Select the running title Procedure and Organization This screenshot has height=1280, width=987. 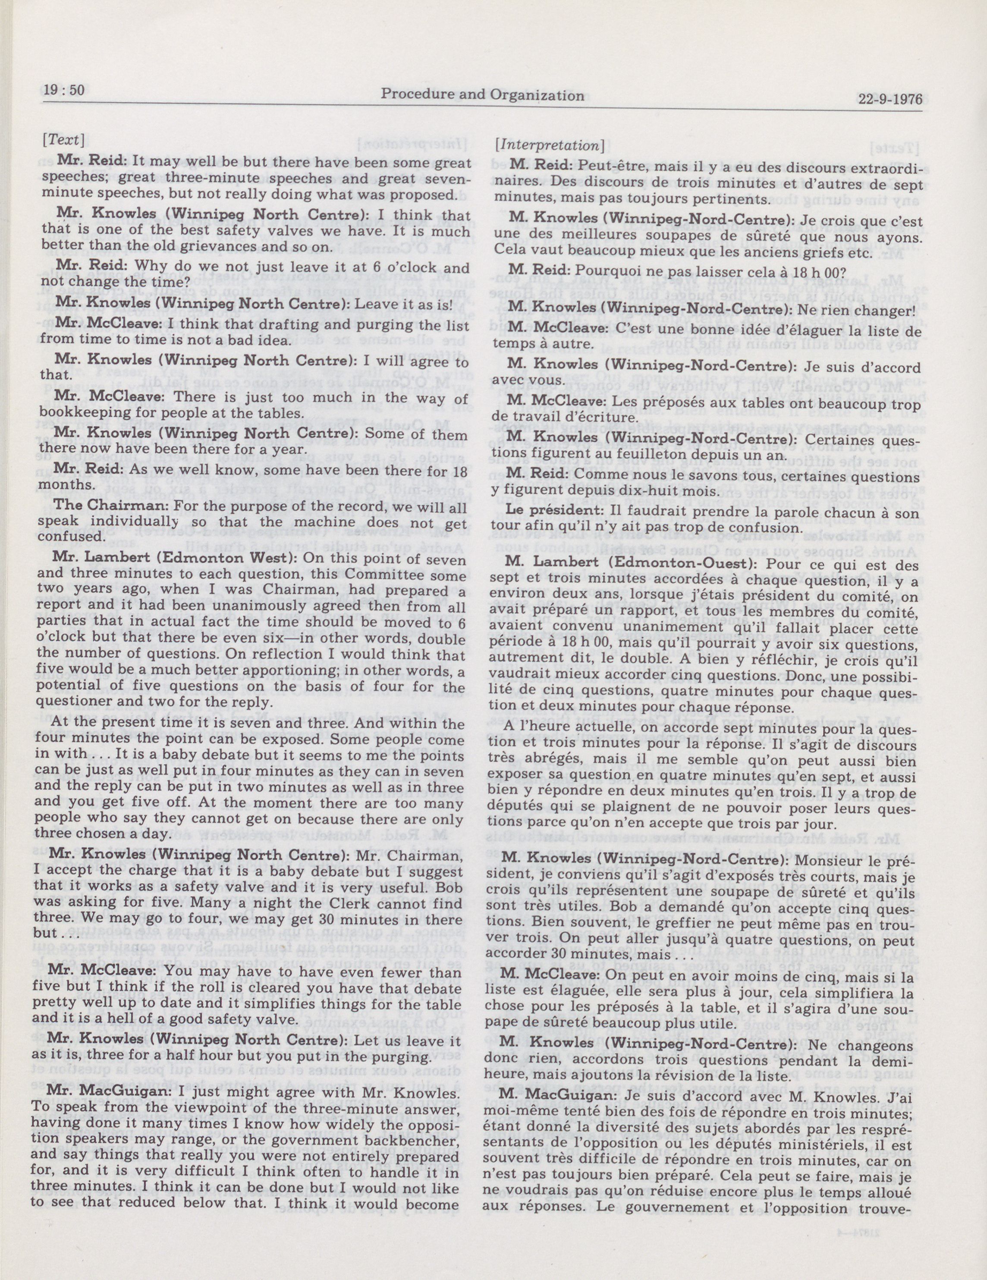click(x=482, y=94)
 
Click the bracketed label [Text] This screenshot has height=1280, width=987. click(x=63, y=141)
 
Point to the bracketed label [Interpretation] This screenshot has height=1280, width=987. click(x=550, y=145)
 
